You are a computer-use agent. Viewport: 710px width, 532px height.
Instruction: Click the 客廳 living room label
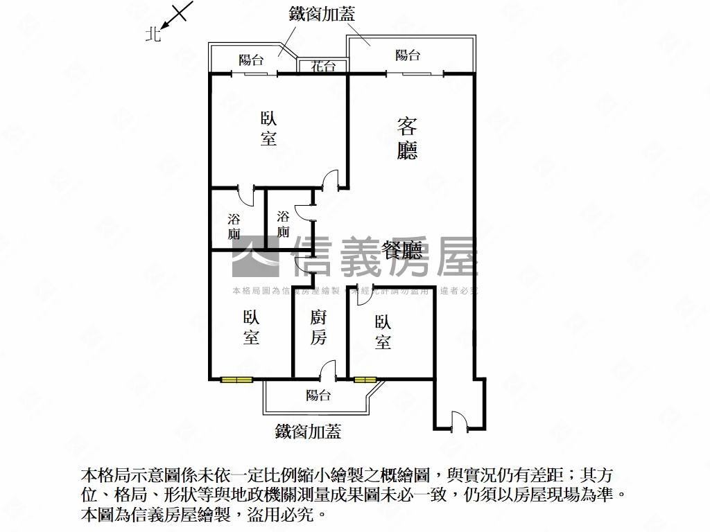pos(407,139)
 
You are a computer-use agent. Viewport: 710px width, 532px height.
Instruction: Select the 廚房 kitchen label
pos(318,328)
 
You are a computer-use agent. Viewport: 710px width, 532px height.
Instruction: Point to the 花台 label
pos(323,66)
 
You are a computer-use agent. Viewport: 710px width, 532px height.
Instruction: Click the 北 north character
pos(153,33)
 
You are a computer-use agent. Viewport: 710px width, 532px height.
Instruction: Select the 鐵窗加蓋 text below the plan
pos(308,432)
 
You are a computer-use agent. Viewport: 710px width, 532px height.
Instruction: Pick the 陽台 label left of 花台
pos(251,60)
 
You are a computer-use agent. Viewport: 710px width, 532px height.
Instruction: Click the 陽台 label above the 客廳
pos(408,55)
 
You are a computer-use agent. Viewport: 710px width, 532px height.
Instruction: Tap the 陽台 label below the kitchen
pos(318,396)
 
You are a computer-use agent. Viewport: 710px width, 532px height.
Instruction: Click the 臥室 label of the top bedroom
pos(268,128)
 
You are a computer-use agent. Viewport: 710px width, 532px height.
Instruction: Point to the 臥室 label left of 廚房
pos(251,328)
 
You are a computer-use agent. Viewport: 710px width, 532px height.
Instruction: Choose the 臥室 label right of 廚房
pos(383,332)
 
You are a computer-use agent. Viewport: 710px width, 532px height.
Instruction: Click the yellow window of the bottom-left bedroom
pos(236,379)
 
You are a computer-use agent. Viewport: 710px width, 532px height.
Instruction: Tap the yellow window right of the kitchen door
pos(365,379)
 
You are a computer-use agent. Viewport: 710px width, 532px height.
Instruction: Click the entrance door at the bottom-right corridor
pos(458,421)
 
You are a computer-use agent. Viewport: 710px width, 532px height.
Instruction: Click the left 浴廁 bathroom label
pos(234,227)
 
